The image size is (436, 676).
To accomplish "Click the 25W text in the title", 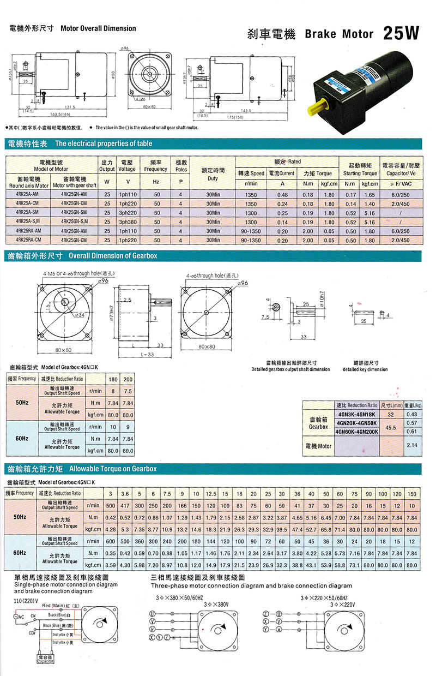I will (402, 33).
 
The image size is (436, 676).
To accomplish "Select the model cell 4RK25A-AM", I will (27, 195).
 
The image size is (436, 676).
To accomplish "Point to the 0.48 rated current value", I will (282, 195).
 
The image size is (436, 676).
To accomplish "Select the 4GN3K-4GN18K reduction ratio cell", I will (356, 415).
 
